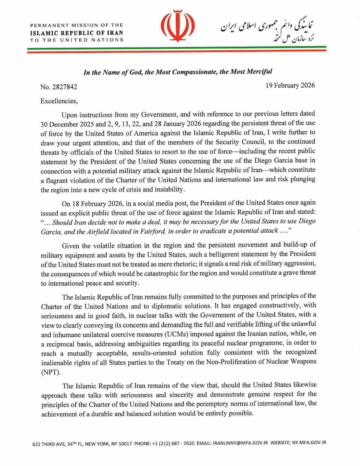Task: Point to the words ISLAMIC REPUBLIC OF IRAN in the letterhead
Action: click(x=77, y=33)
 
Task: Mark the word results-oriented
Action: click(x=159, y=353)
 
